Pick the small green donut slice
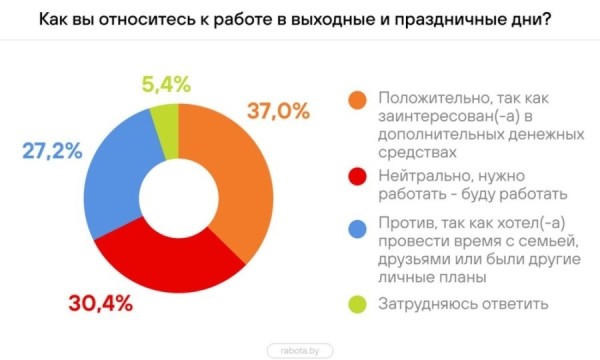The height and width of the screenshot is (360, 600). [162, 112]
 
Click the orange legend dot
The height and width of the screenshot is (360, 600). [356, 100]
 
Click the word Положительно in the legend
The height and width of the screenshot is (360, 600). [424, 99]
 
